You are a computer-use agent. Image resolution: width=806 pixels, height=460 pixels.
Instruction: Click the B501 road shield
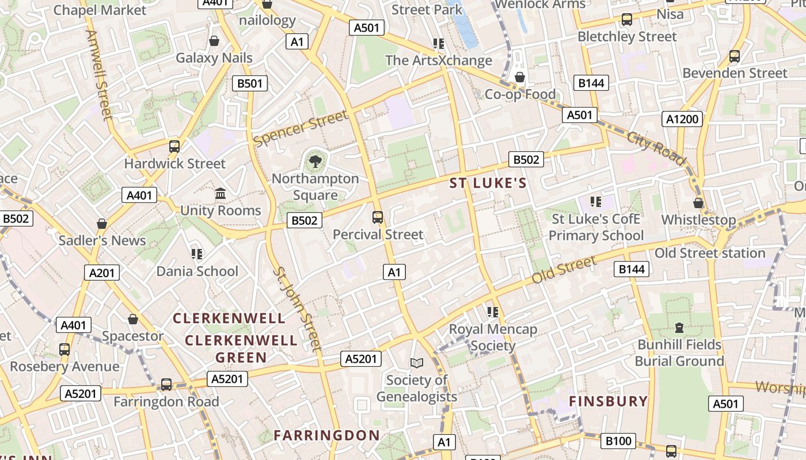(250, 83)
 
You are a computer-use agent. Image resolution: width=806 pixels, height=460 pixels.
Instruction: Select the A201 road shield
(102, 272)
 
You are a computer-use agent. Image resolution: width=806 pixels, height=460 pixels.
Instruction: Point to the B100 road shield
(619, 441)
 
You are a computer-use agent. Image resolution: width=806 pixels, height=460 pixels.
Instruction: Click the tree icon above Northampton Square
(315, 162)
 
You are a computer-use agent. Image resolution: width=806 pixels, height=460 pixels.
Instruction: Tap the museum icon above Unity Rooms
(220, 194)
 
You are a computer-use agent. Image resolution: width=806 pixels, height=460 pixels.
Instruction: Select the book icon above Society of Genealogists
(416, 363)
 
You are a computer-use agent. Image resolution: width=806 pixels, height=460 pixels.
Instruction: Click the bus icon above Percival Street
(378, 217)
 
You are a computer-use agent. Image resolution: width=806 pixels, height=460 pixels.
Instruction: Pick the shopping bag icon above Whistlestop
(698, 203)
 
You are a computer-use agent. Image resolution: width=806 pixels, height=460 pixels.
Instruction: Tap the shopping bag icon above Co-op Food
(520, 77)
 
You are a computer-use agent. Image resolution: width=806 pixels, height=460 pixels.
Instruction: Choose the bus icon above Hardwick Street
(174, 147)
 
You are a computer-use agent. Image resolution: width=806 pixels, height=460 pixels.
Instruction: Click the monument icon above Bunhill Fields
(679, 328)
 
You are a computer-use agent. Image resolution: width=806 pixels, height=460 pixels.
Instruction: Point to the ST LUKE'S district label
(488, 183)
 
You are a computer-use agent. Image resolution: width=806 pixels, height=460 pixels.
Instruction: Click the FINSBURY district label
(609, 401)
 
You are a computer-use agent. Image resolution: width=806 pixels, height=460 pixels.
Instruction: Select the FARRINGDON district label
(326, 435)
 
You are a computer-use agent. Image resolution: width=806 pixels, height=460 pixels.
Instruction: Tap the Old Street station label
(710, 253)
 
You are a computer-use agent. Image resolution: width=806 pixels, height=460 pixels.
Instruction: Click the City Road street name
(657, 147)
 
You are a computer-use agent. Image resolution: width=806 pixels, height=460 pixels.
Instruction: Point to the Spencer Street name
(301, 128)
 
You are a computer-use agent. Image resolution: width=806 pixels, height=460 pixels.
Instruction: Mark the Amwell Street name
(98, 75)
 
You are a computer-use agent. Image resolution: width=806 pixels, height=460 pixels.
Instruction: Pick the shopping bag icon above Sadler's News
(102, 224)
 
